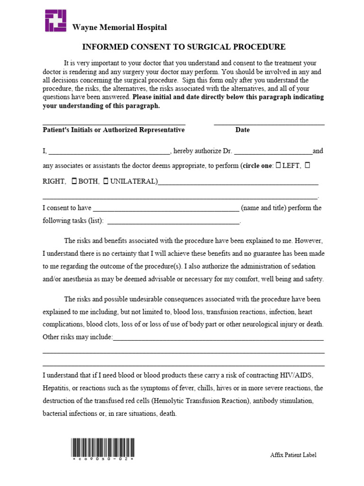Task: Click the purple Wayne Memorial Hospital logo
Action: tap(56, 20)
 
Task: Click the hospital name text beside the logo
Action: tap(119, 28)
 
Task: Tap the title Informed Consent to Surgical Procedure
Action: tap(184, 47)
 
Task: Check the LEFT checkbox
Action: tap(278, 165)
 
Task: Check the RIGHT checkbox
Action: tap(307, 165)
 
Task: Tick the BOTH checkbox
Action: tap(74, 181)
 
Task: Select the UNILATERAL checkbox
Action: tap(106, 181)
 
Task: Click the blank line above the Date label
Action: tap(269, 124)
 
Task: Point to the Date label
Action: tap(242, 130)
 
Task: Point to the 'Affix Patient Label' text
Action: tap(293, 455)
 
